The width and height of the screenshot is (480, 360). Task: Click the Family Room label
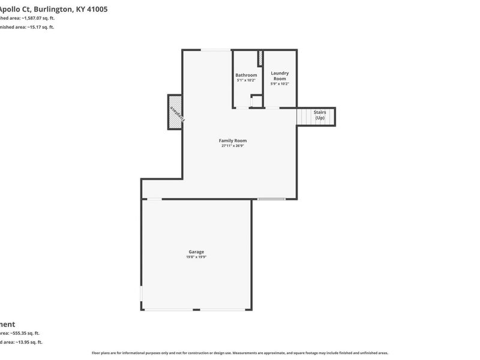233,140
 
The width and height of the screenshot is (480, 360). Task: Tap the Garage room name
196,251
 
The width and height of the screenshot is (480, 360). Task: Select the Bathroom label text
246,75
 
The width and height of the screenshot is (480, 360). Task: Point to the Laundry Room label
280,76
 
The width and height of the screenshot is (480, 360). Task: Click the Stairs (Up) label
319,115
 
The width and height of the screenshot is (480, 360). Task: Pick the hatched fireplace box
175,112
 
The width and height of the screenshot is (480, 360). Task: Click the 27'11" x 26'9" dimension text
233,146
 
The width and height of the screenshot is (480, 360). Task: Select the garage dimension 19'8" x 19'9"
196,257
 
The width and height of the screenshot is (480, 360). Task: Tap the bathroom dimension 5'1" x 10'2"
246,80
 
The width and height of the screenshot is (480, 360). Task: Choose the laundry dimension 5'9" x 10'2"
280,84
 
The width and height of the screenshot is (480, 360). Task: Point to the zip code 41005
96,9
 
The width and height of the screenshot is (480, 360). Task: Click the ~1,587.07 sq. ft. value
38,19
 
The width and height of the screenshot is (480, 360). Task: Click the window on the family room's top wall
215,50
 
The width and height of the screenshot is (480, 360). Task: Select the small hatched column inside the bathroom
260,59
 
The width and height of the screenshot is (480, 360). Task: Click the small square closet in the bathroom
256,101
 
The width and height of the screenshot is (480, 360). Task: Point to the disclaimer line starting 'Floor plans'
240,353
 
